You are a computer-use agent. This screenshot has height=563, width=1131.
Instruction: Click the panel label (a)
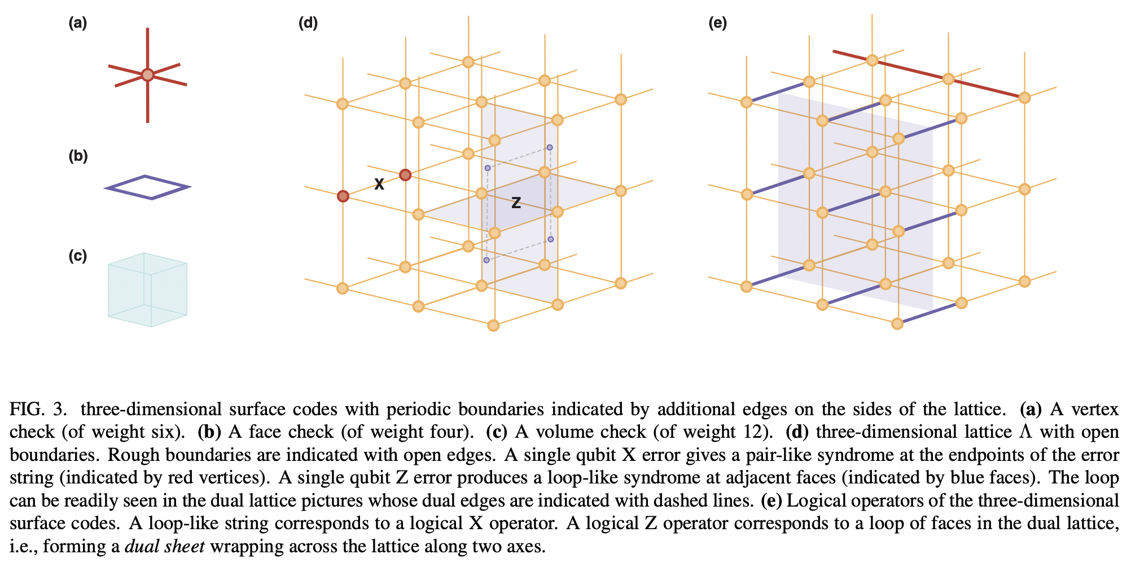[78, 23]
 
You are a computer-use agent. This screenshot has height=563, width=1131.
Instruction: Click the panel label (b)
[78, 156]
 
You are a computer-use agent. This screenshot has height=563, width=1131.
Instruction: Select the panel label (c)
[78, 256]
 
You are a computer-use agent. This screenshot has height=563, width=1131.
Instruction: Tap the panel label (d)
[308, 23]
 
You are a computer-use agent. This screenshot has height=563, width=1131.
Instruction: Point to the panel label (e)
[717, 23]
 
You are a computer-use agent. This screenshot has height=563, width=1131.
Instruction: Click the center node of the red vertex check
[147, 75]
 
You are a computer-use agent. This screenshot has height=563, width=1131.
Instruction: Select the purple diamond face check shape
[148, 187]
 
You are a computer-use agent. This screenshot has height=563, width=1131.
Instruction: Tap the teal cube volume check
[148, 290]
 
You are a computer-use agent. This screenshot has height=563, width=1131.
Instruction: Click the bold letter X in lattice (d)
[379, 184]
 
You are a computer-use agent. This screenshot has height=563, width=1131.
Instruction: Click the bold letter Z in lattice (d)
[516, 203]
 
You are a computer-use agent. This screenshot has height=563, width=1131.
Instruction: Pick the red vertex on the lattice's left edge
[343, 196]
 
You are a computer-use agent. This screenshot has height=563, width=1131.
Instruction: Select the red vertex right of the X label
[405, 175]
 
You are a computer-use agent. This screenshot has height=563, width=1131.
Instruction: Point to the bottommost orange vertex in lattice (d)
[493, 326]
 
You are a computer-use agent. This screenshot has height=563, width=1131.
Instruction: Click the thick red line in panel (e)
[926, 73]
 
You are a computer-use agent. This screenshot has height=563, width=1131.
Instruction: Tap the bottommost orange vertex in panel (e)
[897, 324]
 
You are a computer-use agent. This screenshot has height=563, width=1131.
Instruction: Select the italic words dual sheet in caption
[164, 547]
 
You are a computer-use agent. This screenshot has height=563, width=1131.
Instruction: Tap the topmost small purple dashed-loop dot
[550, 147]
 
